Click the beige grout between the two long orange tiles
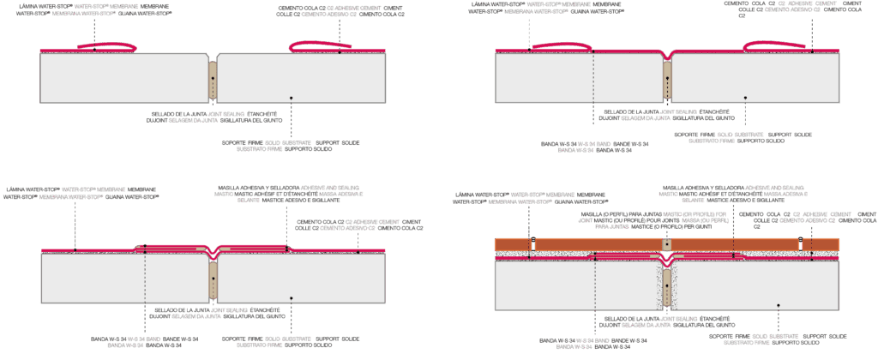(x=665, y=244)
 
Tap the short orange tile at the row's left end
(x=513, y=244)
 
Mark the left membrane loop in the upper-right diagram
(x=560, y=48)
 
